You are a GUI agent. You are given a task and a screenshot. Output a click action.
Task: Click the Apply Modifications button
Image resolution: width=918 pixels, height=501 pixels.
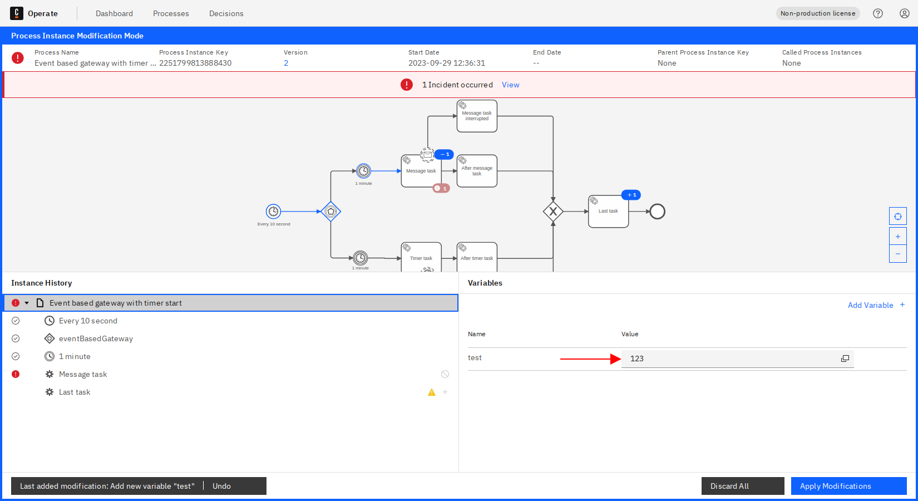(x=848, y=486)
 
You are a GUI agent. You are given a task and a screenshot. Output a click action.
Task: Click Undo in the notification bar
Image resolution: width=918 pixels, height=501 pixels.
(x=221, y=486)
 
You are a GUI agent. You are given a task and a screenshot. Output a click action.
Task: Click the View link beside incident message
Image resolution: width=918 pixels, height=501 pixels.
(x=510, y=85)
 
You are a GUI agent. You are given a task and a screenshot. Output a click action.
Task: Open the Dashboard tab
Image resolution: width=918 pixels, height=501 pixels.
(x=114, y=13)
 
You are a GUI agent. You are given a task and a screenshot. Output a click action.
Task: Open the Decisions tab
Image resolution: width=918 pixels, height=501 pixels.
(x=226, y=13)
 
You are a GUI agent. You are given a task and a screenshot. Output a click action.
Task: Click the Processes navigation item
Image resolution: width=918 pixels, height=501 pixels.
(x=171, y=13)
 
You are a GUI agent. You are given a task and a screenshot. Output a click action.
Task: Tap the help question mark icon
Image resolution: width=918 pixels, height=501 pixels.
(x=878, y=13)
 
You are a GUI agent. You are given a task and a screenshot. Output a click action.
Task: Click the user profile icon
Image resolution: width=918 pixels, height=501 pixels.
(x=905, y=13)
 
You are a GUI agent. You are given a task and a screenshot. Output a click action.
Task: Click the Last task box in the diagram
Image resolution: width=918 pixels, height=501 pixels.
(x=608, y=212)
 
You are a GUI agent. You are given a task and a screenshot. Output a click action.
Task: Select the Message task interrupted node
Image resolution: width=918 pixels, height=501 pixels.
(x=477, y=116)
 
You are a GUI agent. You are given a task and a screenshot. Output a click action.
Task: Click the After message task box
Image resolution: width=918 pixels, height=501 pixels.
(x=477, y=171)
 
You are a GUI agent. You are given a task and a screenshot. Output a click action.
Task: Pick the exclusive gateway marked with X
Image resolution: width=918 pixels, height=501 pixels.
(x=553, y=212)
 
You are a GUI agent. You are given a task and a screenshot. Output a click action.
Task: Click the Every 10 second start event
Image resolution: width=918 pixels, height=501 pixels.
(x=273, y=212)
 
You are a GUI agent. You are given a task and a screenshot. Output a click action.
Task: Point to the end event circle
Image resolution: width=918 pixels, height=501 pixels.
(x=657, y=212)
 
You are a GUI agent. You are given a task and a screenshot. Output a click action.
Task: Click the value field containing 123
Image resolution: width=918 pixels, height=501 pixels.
(x=729, y=358)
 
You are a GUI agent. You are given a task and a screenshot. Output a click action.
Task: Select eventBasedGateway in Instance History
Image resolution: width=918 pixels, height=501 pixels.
(x=96, y=338)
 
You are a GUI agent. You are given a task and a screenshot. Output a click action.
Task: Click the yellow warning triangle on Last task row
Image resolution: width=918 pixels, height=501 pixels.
(x=432, y=392)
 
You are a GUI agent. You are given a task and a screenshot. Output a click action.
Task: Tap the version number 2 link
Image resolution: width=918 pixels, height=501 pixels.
(x=286, y=63)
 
